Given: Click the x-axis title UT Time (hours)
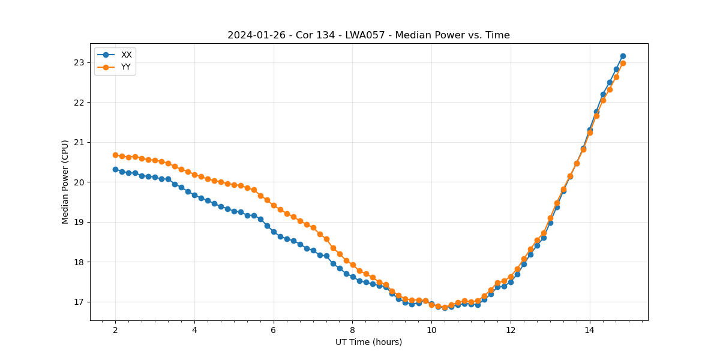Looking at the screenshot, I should [368, 342].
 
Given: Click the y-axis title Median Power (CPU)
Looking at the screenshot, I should [65, 182].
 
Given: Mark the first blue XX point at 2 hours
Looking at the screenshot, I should [115, 169].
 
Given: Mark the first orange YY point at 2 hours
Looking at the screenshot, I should [115, 155].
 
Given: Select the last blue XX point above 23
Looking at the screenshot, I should [623, 56].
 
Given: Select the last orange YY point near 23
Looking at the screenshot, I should [623, 63].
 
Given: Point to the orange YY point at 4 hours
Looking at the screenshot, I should [194, 175].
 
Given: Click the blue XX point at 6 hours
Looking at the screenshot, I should [274, 232].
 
